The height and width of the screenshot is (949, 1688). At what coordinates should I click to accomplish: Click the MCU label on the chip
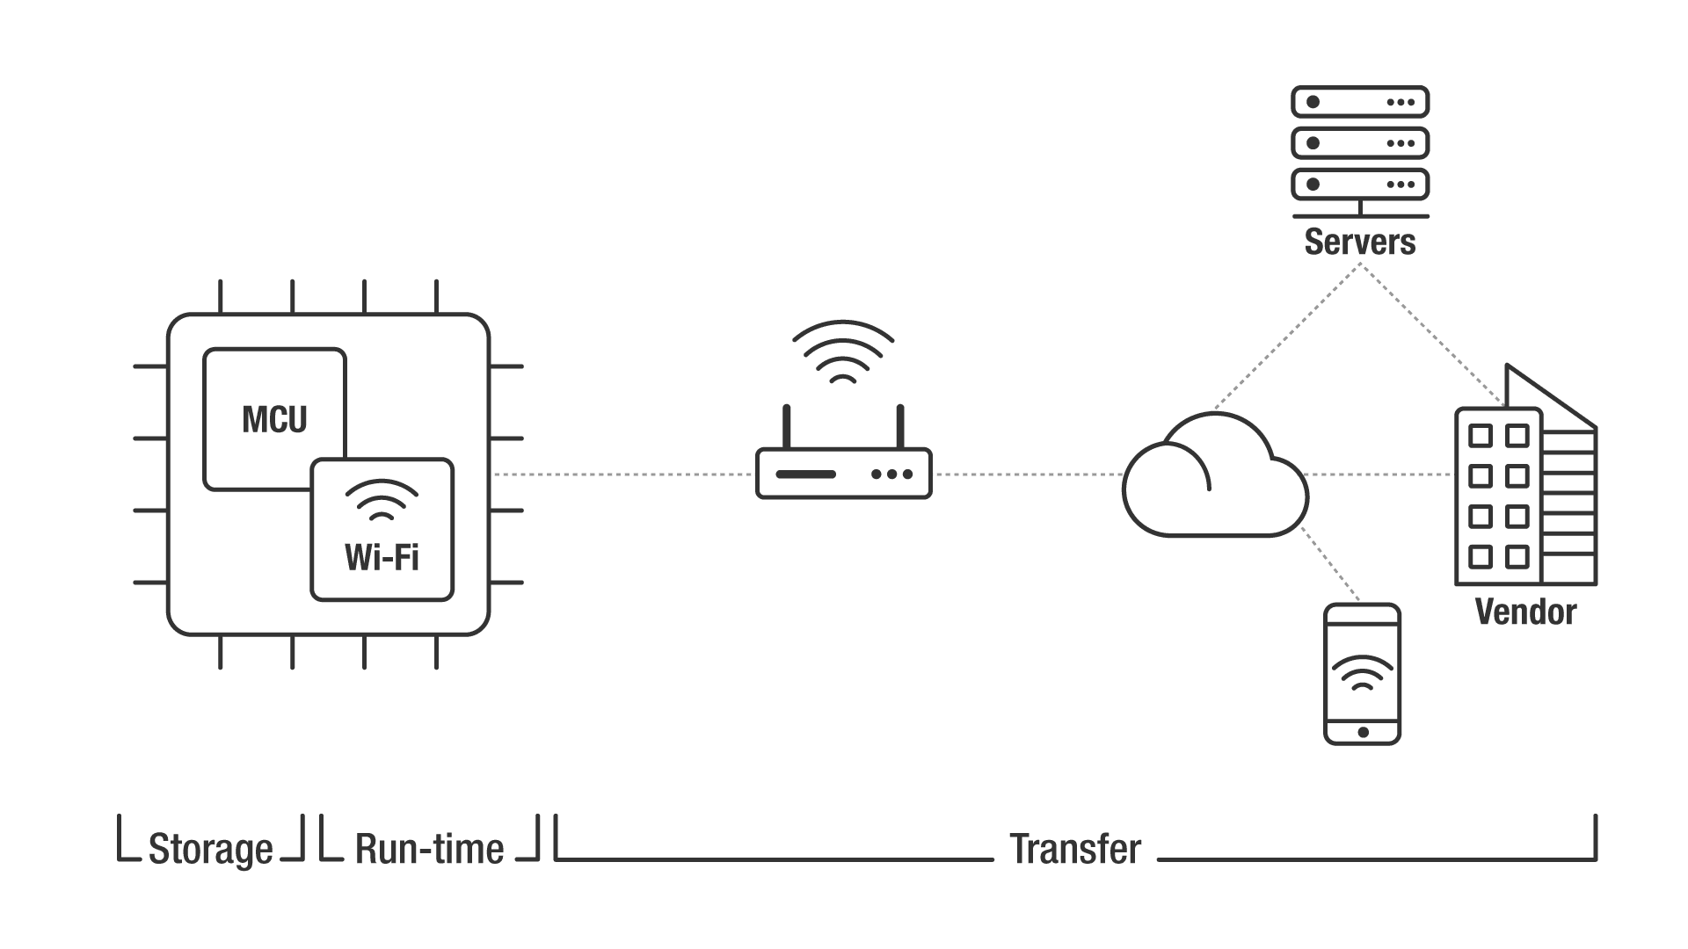274,420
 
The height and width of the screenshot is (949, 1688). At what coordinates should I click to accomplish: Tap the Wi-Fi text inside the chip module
382,557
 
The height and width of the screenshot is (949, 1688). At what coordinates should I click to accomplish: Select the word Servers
1359,242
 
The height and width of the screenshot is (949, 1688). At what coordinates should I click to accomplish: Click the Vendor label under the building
1525,612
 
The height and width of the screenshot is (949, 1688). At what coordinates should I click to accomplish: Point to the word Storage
211,849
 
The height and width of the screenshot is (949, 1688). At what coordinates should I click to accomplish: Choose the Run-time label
429,849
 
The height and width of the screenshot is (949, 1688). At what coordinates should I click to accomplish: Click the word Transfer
1075,849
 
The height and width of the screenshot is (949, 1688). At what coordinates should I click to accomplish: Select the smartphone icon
1362,673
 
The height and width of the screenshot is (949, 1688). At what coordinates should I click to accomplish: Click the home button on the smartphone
1363,732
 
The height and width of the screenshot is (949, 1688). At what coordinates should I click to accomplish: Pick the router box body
843,474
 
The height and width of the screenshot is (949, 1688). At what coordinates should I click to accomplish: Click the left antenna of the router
787,427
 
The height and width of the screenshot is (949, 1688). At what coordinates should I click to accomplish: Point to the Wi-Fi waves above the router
843,351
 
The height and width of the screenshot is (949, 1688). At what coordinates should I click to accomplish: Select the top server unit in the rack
1359,102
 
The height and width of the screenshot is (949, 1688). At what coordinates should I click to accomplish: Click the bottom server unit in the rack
1359,185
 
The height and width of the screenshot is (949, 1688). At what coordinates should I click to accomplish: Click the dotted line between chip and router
622,474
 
